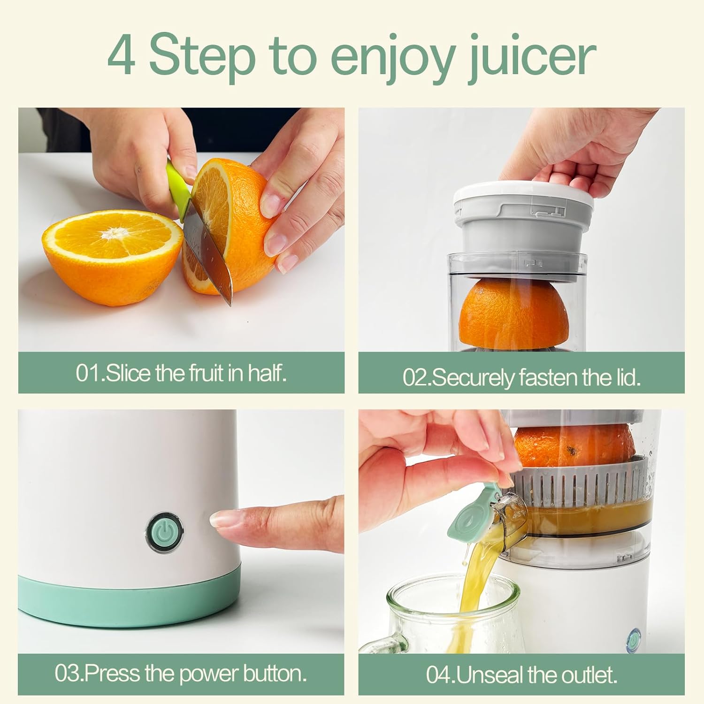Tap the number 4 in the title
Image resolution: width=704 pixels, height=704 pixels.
pyautogui.click(x=121, y=56)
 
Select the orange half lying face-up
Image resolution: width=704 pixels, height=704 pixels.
pyautogui.click(x=113, y=256)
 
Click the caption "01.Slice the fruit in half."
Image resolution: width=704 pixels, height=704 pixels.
pyautogui.click(x=181, y=373)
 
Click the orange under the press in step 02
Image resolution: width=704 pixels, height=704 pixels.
pyautogui.click(x=514, y=314)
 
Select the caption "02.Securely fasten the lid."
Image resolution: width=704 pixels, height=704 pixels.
pyautogui.click(x=521, y=377)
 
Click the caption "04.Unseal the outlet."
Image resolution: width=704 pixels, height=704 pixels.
pyautogui.click(x=521, y=675)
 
